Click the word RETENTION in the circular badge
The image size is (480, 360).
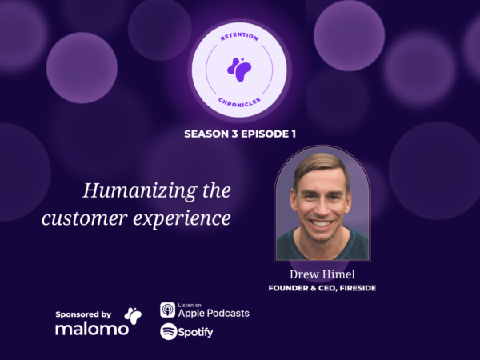tap(239, 37)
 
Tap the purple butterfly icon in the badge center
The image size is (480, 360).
tap(239, 70)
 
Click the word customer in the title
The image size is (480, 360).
tap(85, 218)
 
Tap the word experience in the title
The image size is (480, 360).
tap(182, 218)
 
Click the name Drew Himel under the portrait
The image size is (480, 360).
tap(322, 274)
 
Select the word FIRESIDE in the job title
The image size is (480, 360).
tap(358, 288)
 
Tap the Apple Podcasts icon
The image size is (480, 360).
tap(168, 310)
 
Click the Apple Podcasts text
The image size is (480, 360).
tap(214, 313)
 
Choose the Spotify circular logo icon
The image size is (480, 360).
tap(168, 331)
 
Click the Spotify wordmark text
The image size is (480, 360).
tap(196, 332)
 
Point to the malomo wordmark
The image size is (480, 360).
tap(92, 329)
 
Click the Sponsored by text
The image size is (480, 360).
tap(83, 314)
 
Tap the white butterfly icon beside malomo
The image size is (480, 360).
tap(133, 316)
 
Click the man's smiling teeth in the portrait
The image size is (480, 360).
tap(322, 223)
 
